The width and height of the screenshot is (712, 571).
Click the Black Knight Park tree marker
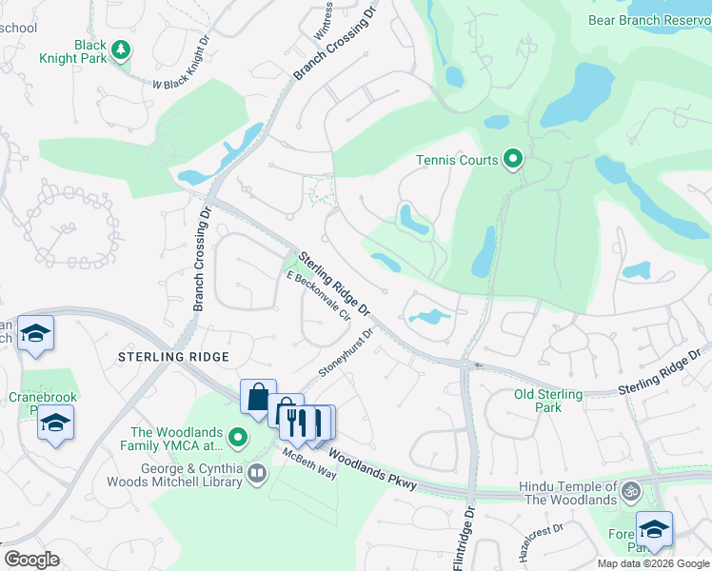point(121,49)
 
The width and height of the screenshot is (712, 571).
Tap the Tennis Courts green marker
point(513,159)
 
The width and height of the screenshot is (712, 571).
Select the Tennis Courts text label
point(457,160)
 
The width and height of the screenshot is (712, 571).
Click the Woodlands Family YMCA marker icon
point(239,439)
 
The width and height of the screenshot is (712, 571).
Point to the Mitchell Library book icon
point(257,473)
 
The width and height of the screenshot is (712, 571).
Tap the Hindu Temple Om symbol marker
point(630,492)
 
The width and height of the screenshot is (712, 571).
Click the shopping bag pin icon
point(259,398)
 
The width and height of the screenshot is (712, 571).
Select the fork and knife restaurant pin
point(298,421)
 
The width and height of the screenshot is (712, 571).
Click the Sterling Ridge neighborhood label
point(173,356)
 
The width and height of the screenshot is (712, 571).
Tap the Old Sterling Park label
point(548,401)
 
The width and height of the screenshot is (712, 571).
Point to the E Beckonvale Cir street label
point(318,297)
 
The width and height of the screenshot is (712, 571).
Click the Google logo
point(31,560)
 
